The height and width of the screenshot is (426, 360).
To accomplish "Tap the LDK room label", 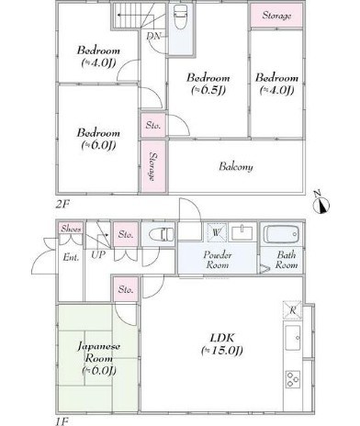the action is coord(222,344).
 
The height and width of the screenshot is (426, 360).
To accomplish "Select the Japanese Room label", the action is coord(99,358).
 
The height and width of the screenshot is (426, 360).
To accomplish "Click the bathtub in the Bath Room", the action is coord(281,234).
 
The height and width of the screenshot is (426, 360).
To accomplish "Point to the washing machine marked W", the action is coord(217,233).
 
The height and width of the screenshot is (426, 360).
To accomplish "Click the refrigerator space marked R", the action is coord(292,310).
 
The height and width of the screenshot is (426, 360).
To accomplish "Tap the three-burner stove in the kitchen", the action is coord(292,379).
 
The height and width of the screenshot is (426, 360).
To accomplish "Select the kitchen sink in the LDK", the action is coord(293,338).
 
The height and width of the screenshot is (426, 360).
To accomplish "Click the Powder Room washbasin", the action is coord(242,233).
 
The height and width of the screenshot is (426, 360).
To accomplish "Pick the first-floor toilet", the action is coord(162,234).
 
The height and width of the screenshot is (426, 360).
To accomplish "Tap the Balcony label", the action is coord(236,167).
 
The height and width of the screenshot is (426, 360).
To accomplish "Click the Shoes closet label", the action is coord(71,229).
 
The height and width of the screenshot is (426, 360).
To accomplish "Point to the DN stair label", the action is coord(153,36).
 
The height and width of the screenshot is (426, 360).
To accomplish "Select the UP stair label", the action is coord(98,254).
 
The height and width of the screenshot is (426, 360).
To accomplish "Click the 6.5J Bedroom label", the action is coord(208,84).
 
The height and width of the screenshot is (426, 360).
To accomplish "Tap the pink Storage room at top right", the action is coord(276,16).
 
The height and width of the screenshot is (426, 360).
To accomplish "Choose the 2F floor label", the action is coord(62,205).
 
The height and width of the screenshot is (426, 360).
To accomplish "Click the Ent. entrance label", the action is coord(71,257).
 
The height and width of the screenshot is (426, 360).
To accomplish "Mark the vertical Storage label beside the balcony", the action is coord(153,167).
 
